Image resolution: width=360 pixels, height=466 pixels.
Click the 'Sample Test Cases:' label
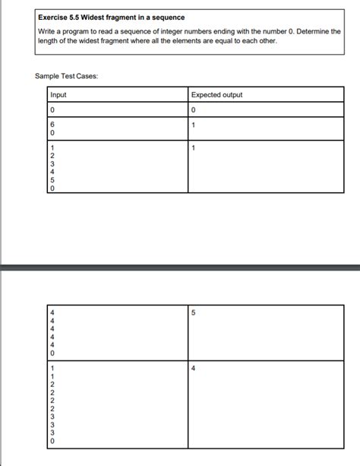[x=66, y=76]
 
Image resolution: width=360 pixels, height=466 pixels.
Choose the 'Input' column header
[x=58, y=95]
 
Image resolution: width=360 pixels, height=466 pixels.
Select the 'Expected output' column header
[x=217, y=95]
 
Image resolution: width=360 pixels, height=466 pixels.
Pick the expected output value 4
[x=194, y=368]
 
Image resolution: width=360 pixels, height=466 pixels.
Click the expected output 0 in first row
[x=194, y=110]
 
